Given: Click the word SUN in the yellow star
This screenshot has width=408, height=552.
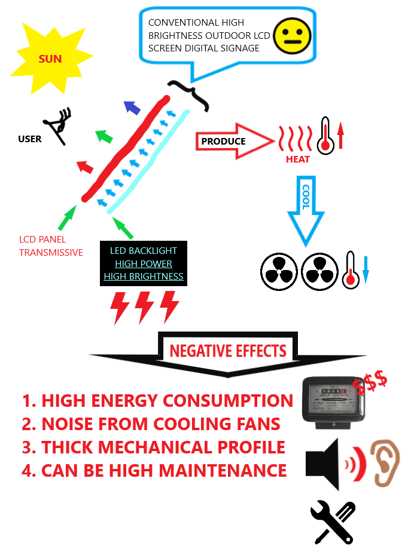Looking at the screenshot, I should coord(50,59).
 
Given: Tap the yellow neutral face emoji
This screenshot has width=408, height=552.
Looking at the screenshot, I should coord(293,35).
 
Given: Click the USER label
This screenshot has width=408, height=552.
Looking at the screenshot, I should coord(30,139).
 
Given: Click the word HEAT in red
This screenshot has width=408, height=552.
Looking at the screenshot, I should coord(297,160).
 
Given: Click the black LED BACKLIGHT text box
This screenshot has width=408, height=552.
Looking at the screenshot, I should coord(144,263).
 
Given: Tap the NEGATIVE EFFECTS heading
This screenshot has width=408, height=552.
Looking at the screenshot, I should coord(228,351).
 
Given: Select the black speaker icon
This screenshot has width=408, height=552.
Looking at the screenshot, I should coord(323,464).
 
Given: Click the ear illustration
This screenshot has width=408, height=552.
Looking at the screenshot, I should coord(381,462).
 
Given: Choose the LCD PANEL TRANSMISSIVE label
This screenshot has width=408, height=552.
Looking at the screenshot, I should coord(51,246).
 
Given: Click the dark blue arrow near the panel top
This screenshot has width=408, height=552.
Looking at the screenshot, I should coord(132,108).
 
